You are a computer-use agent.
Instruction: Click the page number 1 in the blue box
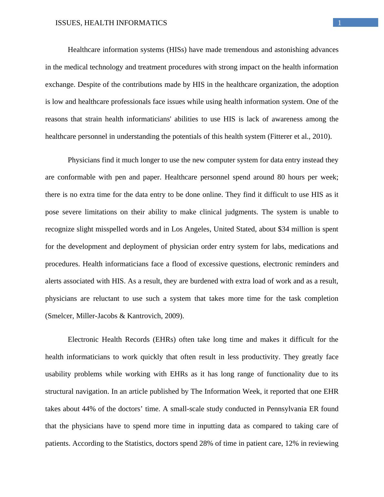339,23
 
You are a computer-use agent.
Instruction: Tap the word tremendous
241,50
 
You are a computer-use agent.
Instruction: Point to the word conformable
76,177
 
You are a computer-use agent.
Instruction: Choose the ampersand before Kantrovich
122,316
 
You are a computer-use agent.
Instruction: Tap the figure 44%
89,409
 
